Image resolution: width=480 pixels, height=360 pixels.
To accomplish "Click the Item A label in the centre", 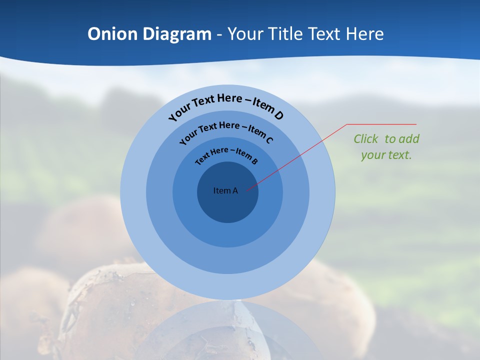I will click(x=225, y=190).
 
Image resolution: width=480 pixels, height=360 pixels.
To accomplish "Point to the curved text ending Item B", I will click(x=226, y=154).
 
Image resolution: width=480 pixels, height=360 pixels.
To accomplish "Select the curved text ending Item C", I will click(x=226, y=130).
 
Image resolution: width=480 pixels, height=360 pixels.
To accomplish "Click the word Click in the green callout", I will click(x=365, y=139).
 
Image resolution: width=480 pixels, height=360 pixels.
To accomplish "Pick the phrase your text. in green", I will click(x=386, y=155).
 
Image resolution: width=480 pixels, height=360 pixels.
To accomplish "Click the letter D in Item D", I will click(x=279, y=116).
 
